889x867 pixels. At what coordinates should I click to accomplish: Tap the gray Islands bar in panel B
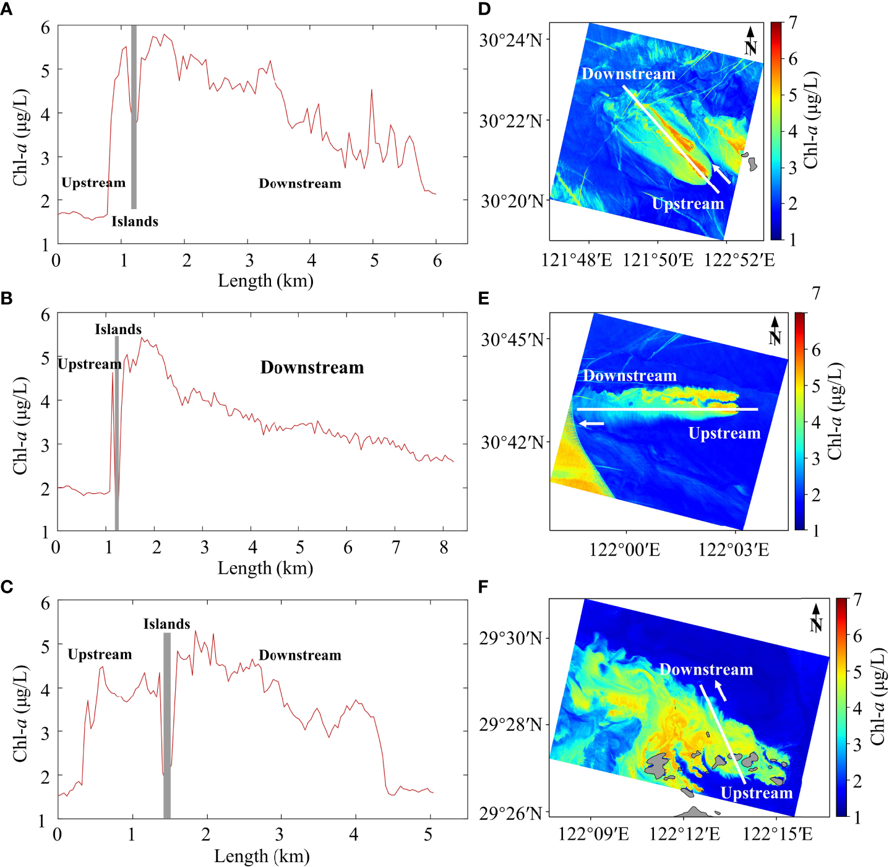pyautogui.click(x=116, y=433)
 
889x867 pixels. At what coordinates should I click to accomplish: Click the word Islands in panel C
pyautogui.click(x=166, y=624)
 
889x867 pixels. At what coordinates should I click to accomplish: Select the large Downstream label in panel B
pyautogui.click(x=312, y=368)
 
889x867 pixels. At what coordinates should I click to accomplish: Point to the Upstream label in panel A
pyautogui.click(x=93, y=183)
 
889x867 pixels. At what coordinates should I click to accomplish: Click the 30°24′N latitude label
pyautogui.click(x=511, y=41)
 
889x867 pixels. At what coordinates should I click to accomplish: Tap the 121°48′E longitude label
pyautogui.click(x=577, y=260)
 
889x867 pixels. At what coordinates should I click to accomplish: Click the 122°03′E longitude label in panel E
pyautogui.click(x=734, y=549)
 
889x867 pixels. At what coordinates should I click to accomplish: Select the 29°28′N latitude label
pyautogui.click(x=511, y=724)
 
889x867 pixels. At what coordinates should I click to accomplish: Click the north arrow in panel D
pyautogui.click(x=750, y=41)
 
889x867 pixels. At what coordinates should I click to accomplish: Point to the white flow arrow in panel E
pyautogui.click(x=591, y=424)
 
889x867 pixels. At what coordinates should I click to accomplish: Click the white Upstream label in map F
pyautogui.click(x=757, y=793)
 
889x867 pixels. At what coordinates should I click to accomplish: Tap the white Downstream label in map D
pyautogui.click(x=629, y=74)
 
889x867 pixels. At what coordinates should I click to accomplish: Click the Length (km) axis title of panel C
pyautogui.click(x=262, y=856)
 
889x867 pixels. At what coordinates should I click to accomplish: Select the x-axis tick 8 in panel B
pyautogui.click(x=444, y=547)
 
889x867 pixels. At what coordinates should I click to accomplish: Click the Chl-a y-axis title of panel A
pyautogui.click(x=20, y=137)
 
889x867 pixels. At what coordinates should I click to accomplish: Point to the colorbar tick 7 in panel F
pyautogui.click(x=857, y=599)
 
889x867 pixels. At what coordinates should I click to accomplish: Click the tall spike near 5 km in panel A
pyautogui.click(x=372, y=91)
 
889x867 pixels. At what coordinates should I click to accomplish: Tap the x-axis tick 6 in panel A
pyautogui.click(x=437, y=261)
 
